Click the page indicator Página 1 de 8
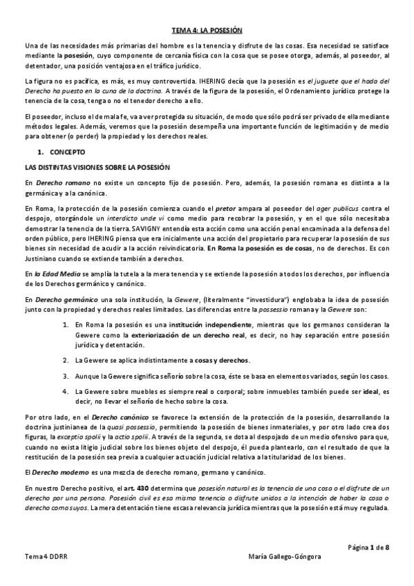pos(368,547)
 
